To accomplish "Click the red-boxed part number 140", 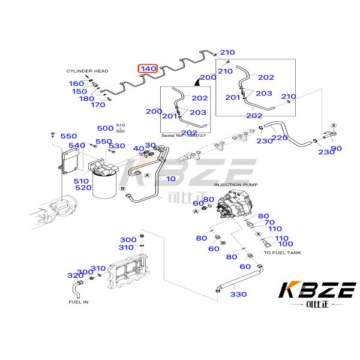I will [x=148, y=69].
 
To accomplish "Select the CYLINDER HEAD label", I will [x=87, y=71].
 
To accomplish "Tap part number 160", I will [x=76, y=83].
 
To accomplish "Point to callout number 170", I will [x=97, y=105].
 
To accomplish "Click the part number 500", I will [x=104, y=128].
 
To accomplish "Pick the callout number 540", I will [x=76, y=146].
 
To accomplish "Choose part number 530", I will [x=117, y=146].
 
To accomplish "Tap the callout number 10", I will [x=171, y=179].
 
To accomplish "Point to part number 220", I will [x=280, y=137].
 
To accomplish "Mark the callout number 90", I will [x=336, y=148].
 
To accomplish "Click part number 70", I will [x=269, y=223].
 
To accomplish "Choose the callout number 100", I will [x=286, y=244].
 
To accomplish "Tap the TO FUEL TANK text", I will [x=283, y=253].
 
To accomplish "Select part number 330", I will [x=239, y=294].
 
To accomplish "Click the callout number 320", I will [x=75, y=275].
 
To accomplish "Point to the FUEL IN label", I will [x=78, y=302].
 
